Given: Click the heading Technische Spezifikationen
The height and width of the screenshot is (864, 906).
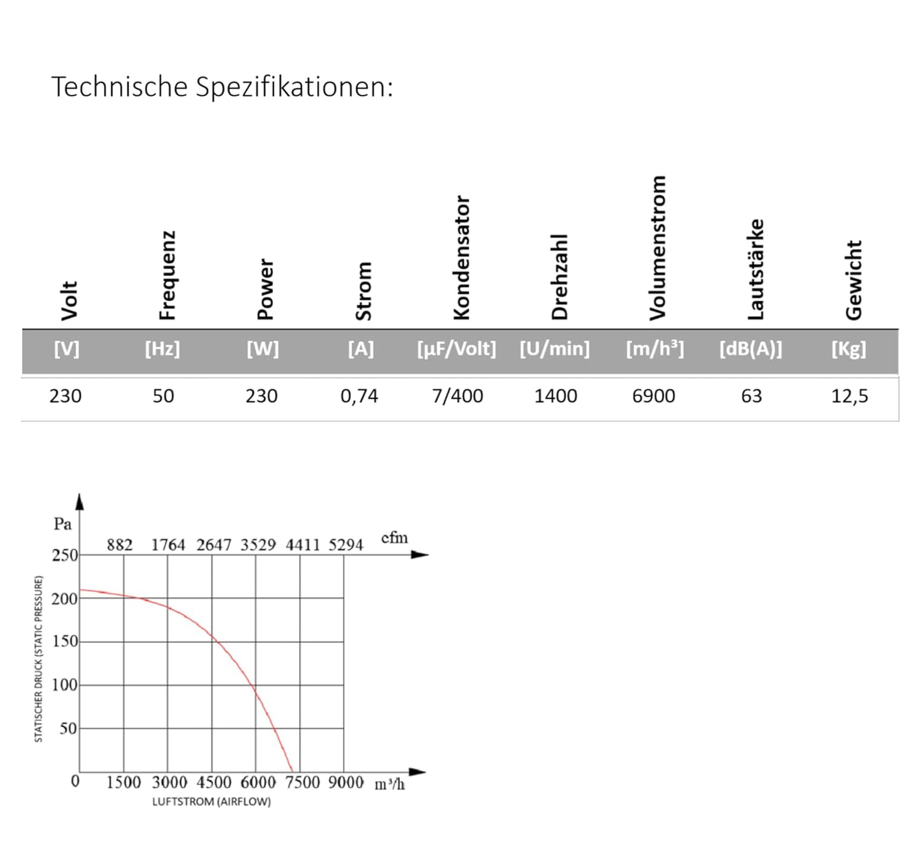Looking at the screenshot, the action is click(222, 86).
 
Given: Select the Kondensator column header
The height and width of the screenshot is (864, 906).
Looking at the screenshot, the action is click(461, 257).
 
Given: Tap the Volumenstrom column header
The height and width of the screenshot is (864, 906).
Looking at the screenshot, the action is click(657, 247).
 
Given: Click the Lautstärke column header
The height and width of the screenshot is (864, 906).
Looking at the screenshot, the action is click(756, 269).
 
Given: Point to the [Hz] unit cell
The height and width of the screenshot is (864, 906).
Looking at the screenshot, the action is click(162, 348).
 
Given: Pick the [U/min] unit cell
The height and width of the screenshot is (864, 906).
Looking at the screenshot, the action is click(554, 348).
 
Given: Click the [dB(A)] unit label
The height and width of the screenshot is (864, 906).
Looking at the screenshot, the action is click(751, 348).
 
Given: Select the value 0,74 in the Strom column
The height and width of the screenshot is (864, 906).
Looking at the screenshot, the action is click(359, 396).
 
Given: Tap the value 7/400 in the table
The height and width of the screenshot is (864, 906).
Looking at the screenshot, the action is click(457, 396).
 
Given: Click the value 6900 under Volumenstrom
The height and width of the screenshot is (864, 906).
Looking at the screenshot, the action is click(653, 396).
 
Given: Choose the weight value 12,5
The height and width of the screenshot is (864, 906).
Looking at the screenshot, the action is click(850, 396).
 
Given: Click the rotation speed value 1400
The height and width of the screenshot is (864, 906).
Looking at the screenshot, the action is click(556, 396).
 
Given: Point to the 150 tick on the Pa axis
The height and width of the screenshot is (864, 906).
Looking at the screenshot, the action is click(65, 641).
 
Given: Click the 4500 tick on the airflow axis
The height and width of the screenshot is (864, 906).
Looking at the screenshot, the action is click(214, 782).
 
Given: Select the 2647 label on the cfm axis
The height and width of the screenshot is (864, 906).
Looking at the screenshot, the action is click(214, 545).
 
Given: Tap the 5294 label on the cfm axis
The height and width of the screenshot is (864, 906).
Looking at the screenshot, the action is click(345, 545).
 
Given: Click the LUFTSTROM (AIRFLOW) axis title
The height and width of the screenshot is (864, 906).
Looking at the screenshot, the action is click(211, 802).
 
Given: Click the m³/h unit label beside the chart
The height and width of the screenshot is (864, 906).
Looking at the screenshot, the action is click(389, 784).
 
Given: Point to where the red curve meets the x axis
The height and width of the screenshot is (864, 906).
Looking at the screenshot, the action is click(293, 772).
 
